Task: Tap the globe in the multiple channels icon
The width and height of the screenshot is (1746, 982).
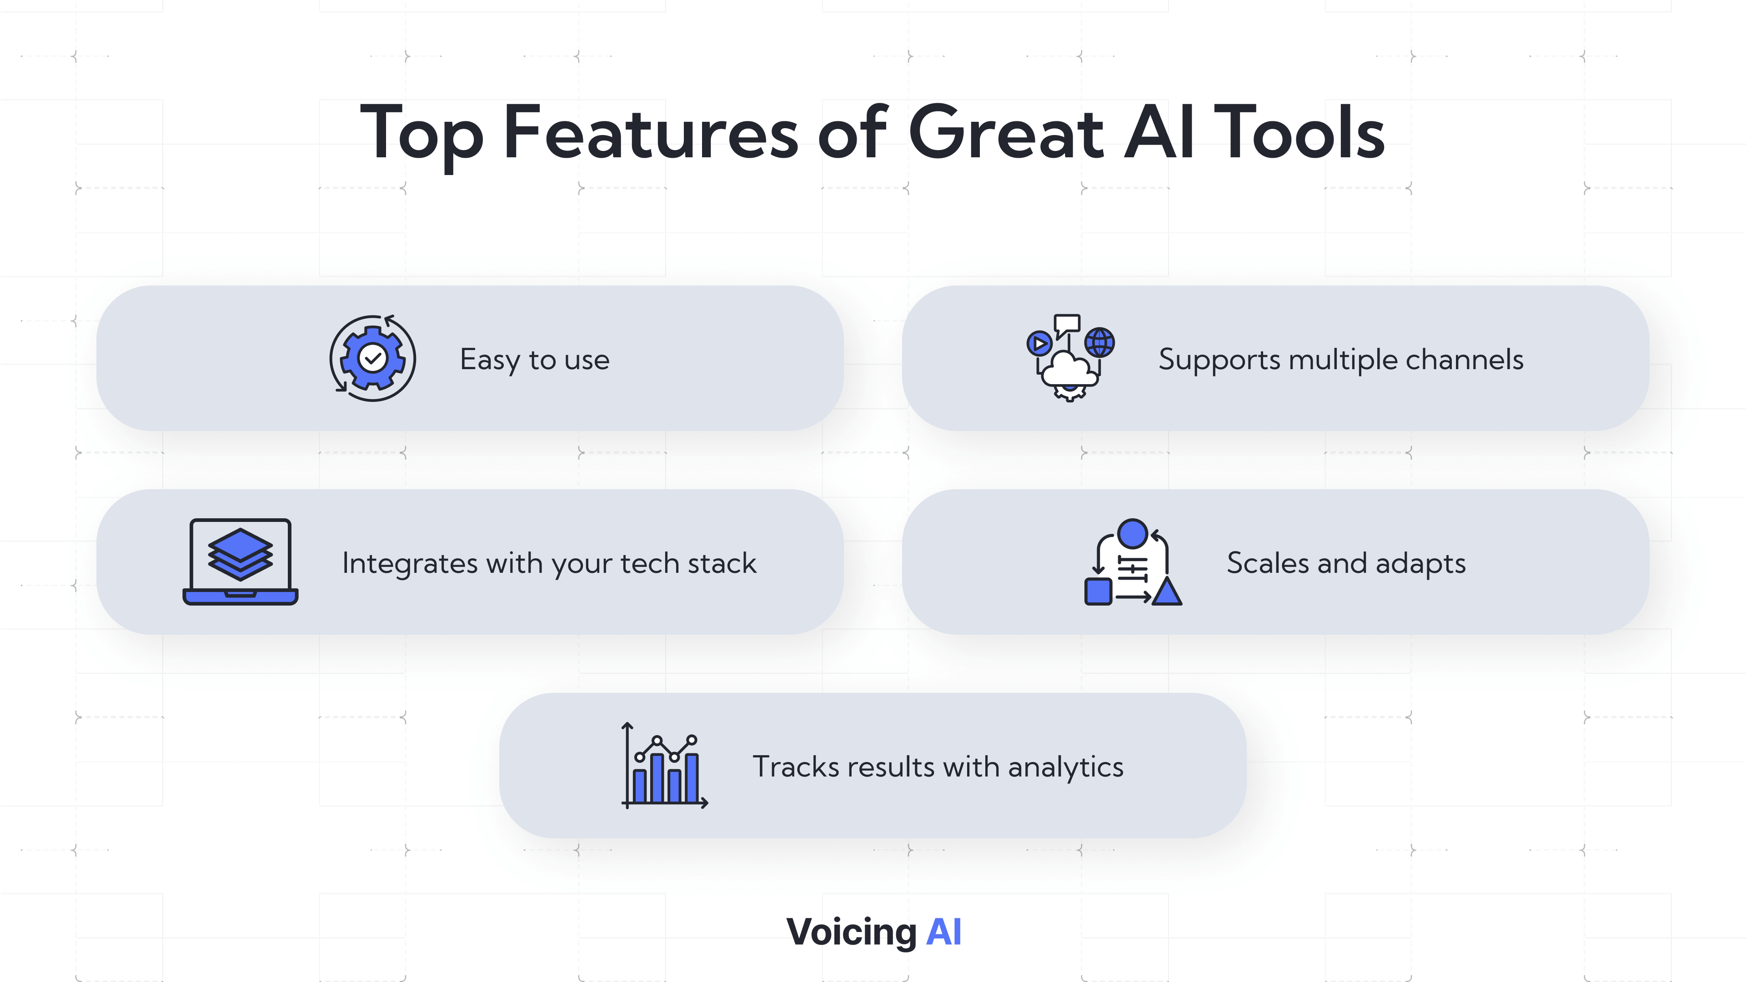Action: point(1099,342)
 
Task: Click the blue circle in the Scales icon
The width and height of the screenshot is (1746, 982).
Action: point(1133,533)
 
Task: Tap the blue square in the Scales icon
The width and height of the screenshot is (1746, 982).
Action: point(1098,591)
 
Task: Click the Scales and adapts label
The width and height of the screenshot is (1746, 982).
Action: point(1346,564)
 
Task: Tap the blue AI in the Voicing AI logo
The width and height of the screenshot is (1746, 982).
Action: point(943,932)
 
